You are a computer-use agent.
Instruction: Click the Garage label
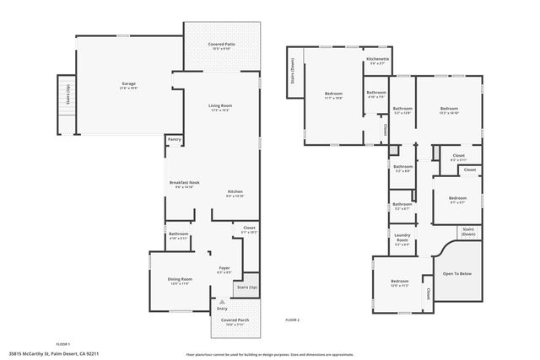click(x=128, y=84)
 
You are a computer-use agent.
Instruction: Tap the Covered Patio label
click(x=222, y=45)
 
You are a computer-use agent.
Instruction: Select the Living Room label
click(x=220, y=106)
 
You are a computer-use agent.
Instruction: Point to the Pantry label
click(x=175, y=139)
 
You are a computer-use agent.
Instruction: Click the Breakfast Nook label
click(x=184, y=184)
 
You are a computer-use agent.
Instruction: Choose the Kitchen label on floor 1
click(x=235, y=193)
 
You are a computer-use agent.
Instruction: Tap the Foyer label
click(x=224, y=270)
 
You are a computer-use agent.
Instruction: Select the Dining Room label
click(x=180, y=281)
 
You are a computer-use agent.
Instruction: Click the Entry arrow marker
click(x=222, y=300)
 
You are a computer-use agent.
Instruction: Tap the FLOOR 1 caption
click(x=62, y=344)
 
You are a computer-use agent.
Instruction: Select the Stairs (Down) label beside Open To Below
click(x=468, y=231)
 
